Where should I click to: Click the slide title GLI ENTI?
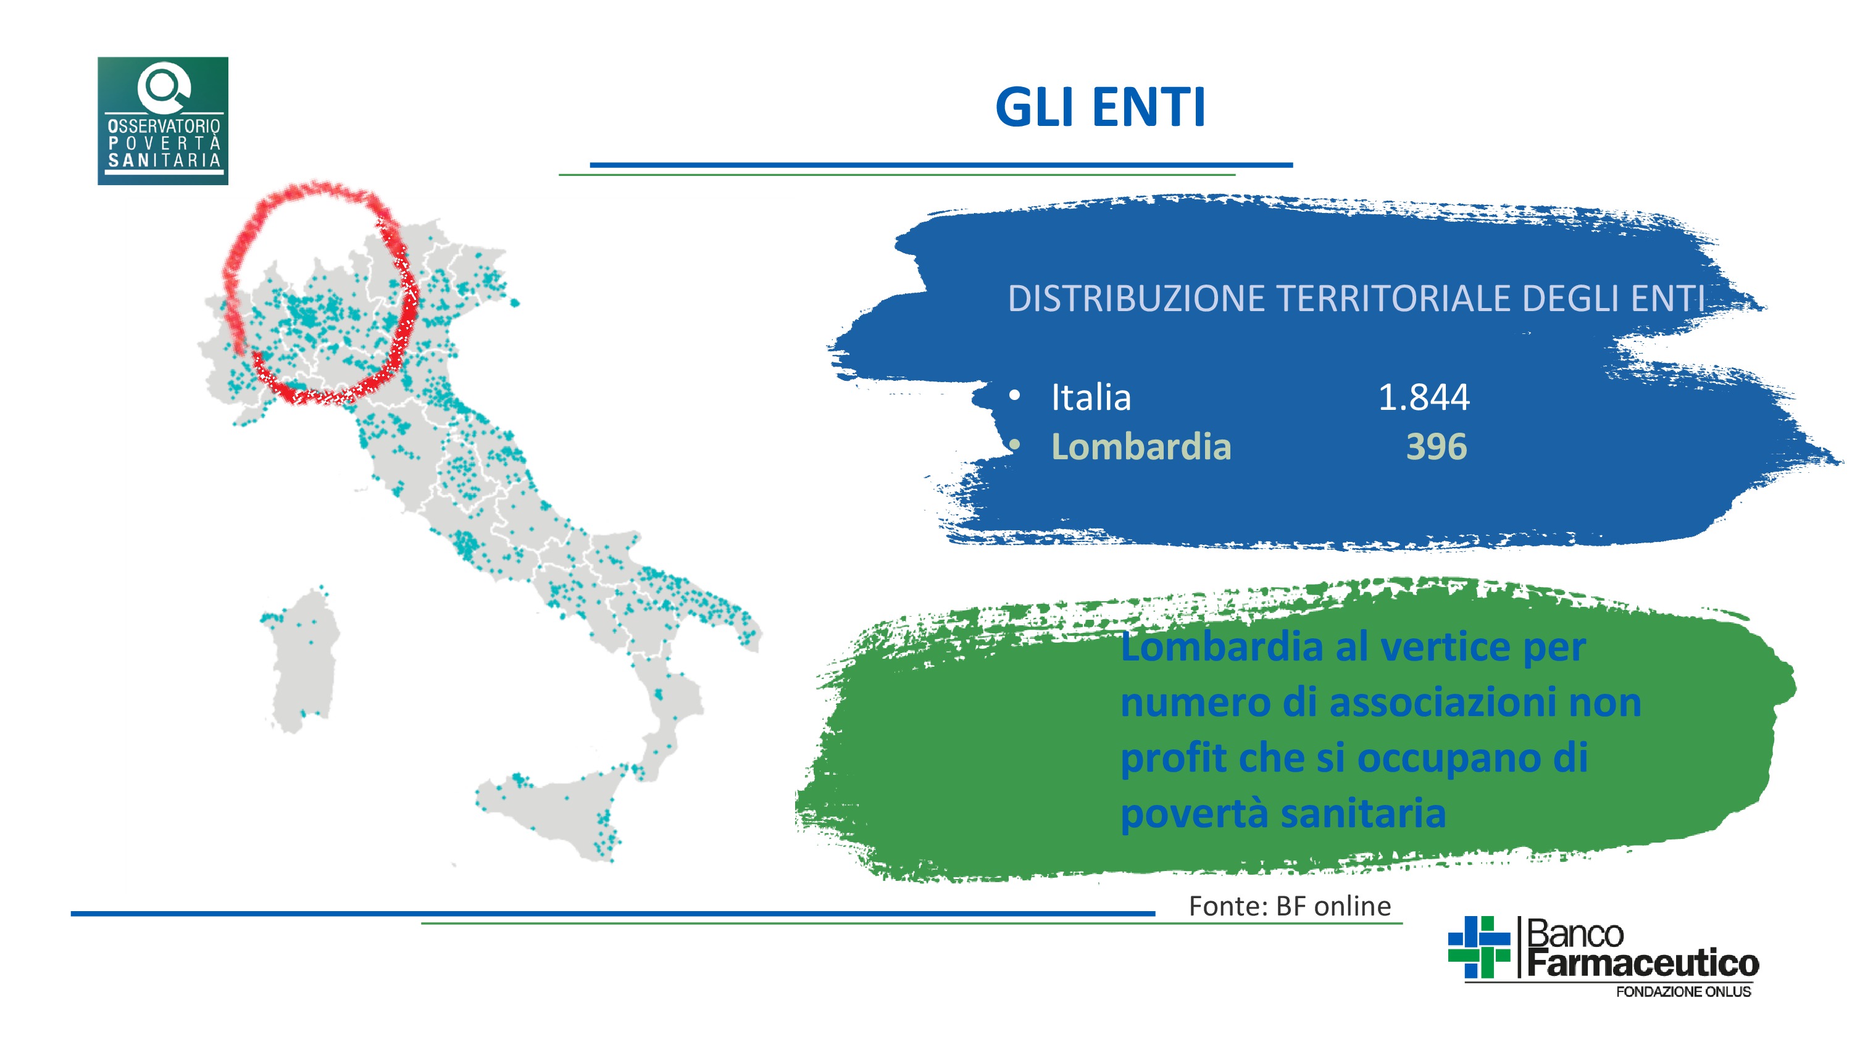(x=1100, y=108)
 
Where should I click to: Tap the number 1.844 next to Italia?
(x=1424, y=397)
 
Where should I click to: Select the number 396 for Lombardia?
(x=1437, y=446)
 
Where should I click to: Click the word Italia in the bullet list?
(x=1091, y=397)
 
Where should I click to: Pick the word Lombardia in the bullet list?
(x=1141, y=446)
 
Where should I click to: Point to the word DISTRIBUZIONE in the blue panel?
(x=1136, y=298)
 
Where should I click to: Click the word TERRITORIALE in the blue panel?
(x=1393, y=298)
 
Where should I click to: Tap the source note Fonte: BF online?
(x=1290, y=906)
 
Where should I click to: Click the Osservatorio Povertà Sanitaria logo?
(x=163, y=121)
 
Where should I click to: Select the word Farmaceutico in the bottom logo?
(x=1643, y=962)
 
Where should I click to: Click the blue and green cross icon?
(x=1479, y=947)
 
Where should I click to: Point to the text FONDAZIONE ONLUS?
(x=1683, y=991)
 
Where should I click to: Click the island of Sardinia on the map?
(x=302, y=662)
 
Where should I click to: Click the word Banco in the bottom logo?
(x=1574, y=933)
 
